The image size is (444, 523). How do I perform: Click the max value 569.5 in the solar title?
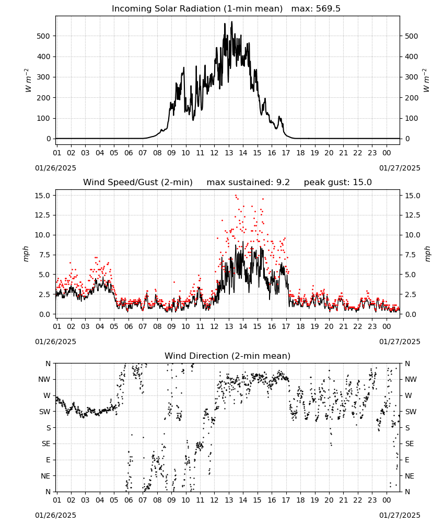pyautogui.click(x=328, y=9)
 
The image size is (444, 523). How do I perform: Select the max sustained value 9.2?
pyautogui.click(x=283, y=183)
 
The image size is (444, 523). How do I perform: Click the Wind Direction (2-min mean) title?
pyautogui.click(x=228, y=356)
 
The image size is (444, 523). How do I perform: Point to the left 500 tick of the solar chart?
pyautogui.click(x=44, y=36)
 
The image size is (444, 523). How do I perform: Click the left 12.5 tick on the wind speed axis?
pyautogui.click(x=43, y=215)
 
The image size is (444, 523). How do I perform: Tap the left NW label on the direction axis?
pyautogui.click(x=44, y=380)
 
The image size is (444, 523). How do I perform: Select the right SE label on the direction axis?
pyautogui.click(x=410, y=444)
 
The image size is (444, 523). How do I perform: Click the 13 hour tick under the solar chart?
pyautogui.click(x=229, y=153)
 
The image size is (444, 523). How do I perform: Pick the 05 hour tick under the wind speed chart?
pyautogui.click(x=114, y=326)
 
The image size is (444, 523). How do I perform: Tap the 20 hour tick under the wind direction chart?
pyautogui.click(x=329, y=500)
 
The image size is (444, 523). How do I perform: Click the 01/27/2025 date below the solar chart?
pyautogui.click(x=400, y=168)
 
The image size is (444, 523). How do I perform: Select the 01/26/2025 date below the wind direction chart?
pyautogui.click(x=55, y=515)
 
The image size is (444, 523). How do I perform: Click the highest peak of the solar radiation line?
pyautogui.click(x=232, y=21)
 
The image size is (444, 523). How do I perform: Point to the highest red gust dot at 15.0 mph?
pyautogui.click(x=236, y=196)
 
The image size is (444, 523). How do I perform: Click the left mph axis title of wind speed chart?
pyautogui.click(x=26, y=254)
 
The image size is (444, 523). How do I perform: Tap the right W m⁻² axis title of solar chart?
pyautogui.click(x=426, y=81)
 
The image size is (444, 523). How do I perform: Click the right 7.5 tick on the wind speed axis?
pyautogui.click(x=411, y=255)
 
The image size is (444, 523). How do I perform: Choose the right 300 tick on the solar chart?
pyautogui.click(x=412, y=77)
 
